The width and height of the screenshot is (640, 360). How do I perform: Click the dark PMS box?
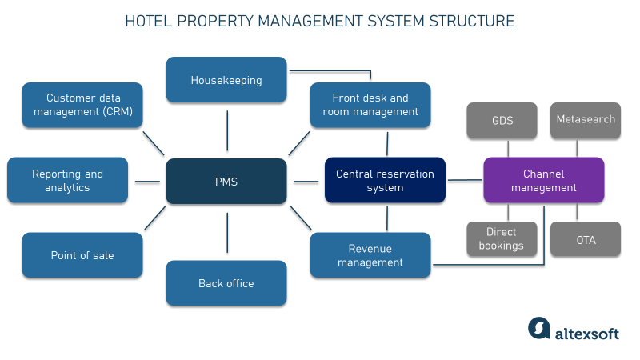[x=226, y=181]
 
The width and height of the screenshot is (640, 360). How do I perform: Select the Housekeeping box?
[x=226, y=80]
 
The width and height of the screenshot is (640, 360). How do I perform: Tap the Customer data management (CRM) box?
[x=82, y=105]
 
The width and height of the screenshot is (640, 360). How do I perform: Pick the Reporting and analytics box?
[x=67, y=181]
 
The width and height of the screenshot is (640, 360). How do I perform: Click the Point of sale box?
[x=82, y=255]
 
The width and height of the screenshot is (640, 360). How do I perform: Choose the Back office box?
[x=226, y=283]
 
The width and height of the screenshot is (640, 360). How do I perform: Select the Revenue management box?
[x=370, y=255]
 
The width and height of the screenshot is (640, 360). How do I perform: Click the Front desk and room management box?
[x=370, y=105]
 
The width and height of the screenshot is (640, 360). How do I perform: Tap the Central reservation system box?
[x=385, y=181]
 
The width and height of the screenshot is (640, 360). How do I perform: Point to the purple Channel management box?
[x=544, y=181]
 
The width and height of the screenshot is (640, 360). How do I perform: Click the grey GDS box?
[x=502, y=120]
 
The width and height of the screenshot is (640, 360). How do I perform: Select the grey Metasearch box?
[x=586, y=120]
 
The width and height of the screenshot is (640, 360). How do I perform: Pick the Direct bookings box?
[x=502, y=239]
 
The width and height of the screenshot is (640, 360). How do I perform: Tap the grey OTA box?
[x=586, y=239]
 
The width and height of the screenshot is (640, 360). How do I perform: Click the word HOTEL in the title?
[x=149, y=21]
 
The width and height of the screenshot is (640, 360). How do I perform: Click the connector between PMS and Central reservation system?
[x=306, y=181]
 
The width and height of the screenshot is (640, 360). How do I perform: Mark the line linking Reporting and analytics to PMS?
[x=147, y=182]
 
